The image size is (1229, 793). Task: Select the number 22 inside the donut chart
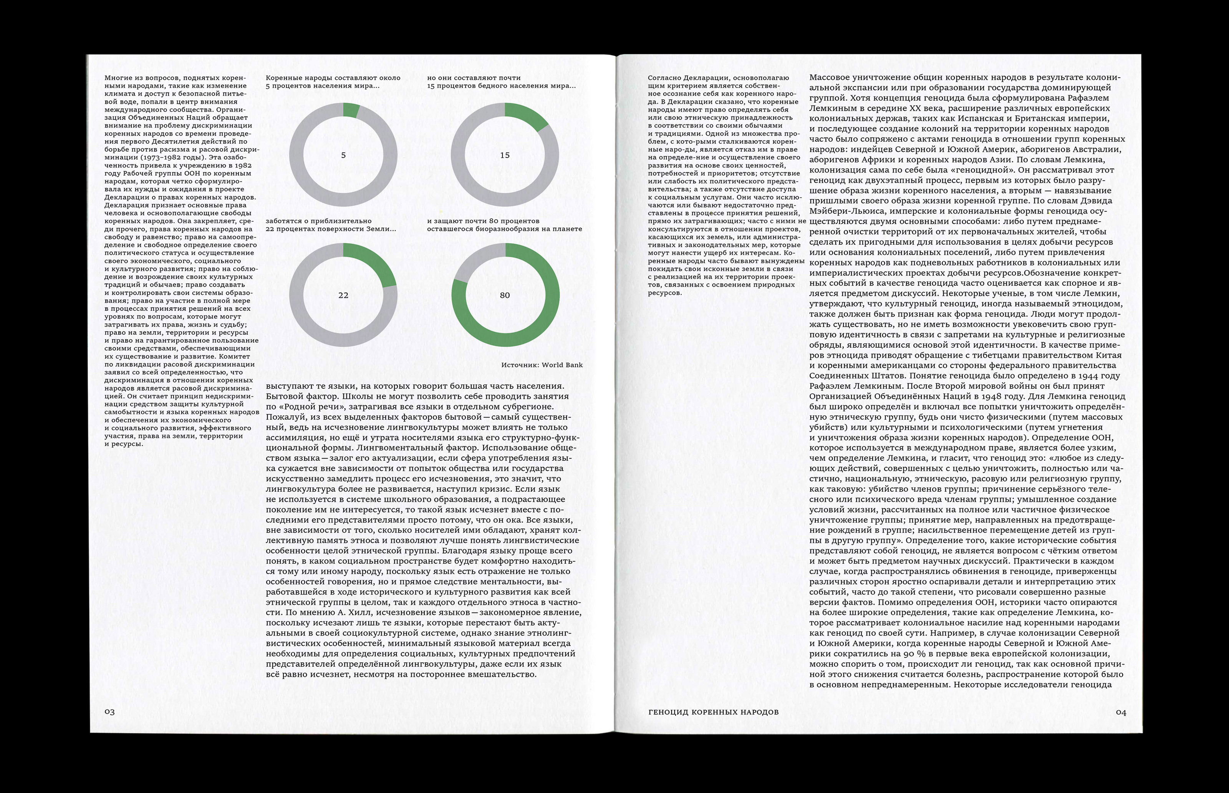343,295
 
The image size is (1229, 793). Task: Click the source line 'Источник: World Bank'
542,365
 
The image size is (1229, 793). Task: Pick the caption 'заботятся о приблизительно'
318,221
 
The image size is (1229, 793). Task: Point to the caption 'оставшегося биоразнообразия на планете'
504,229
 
